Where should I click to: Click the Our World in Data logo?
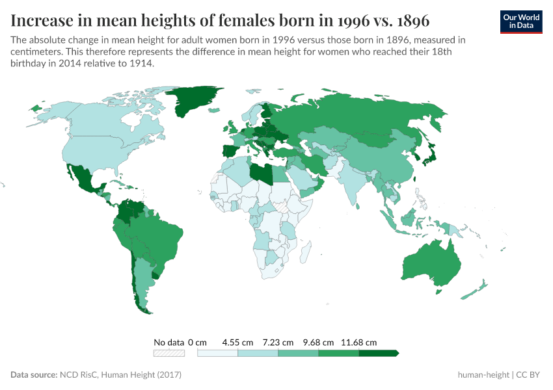pyautogui.click(x=521, y=21)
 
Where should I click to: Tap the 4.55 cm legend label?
pyautogui.click(x=237, y=342)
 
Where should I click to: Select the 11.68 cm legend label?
pyautogui.click(x=358, y=342)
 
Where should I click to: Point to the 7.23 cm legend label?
pyautogui.click(x=278, y=342)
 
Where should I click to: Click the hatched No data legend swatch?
pyautogui.click(x=169, y=354)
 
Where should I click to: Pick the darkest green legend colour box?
pyautogui.click(x=377, y=354)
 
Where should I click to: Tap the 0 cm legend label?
pyautogui.click(x=197, y=342)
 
